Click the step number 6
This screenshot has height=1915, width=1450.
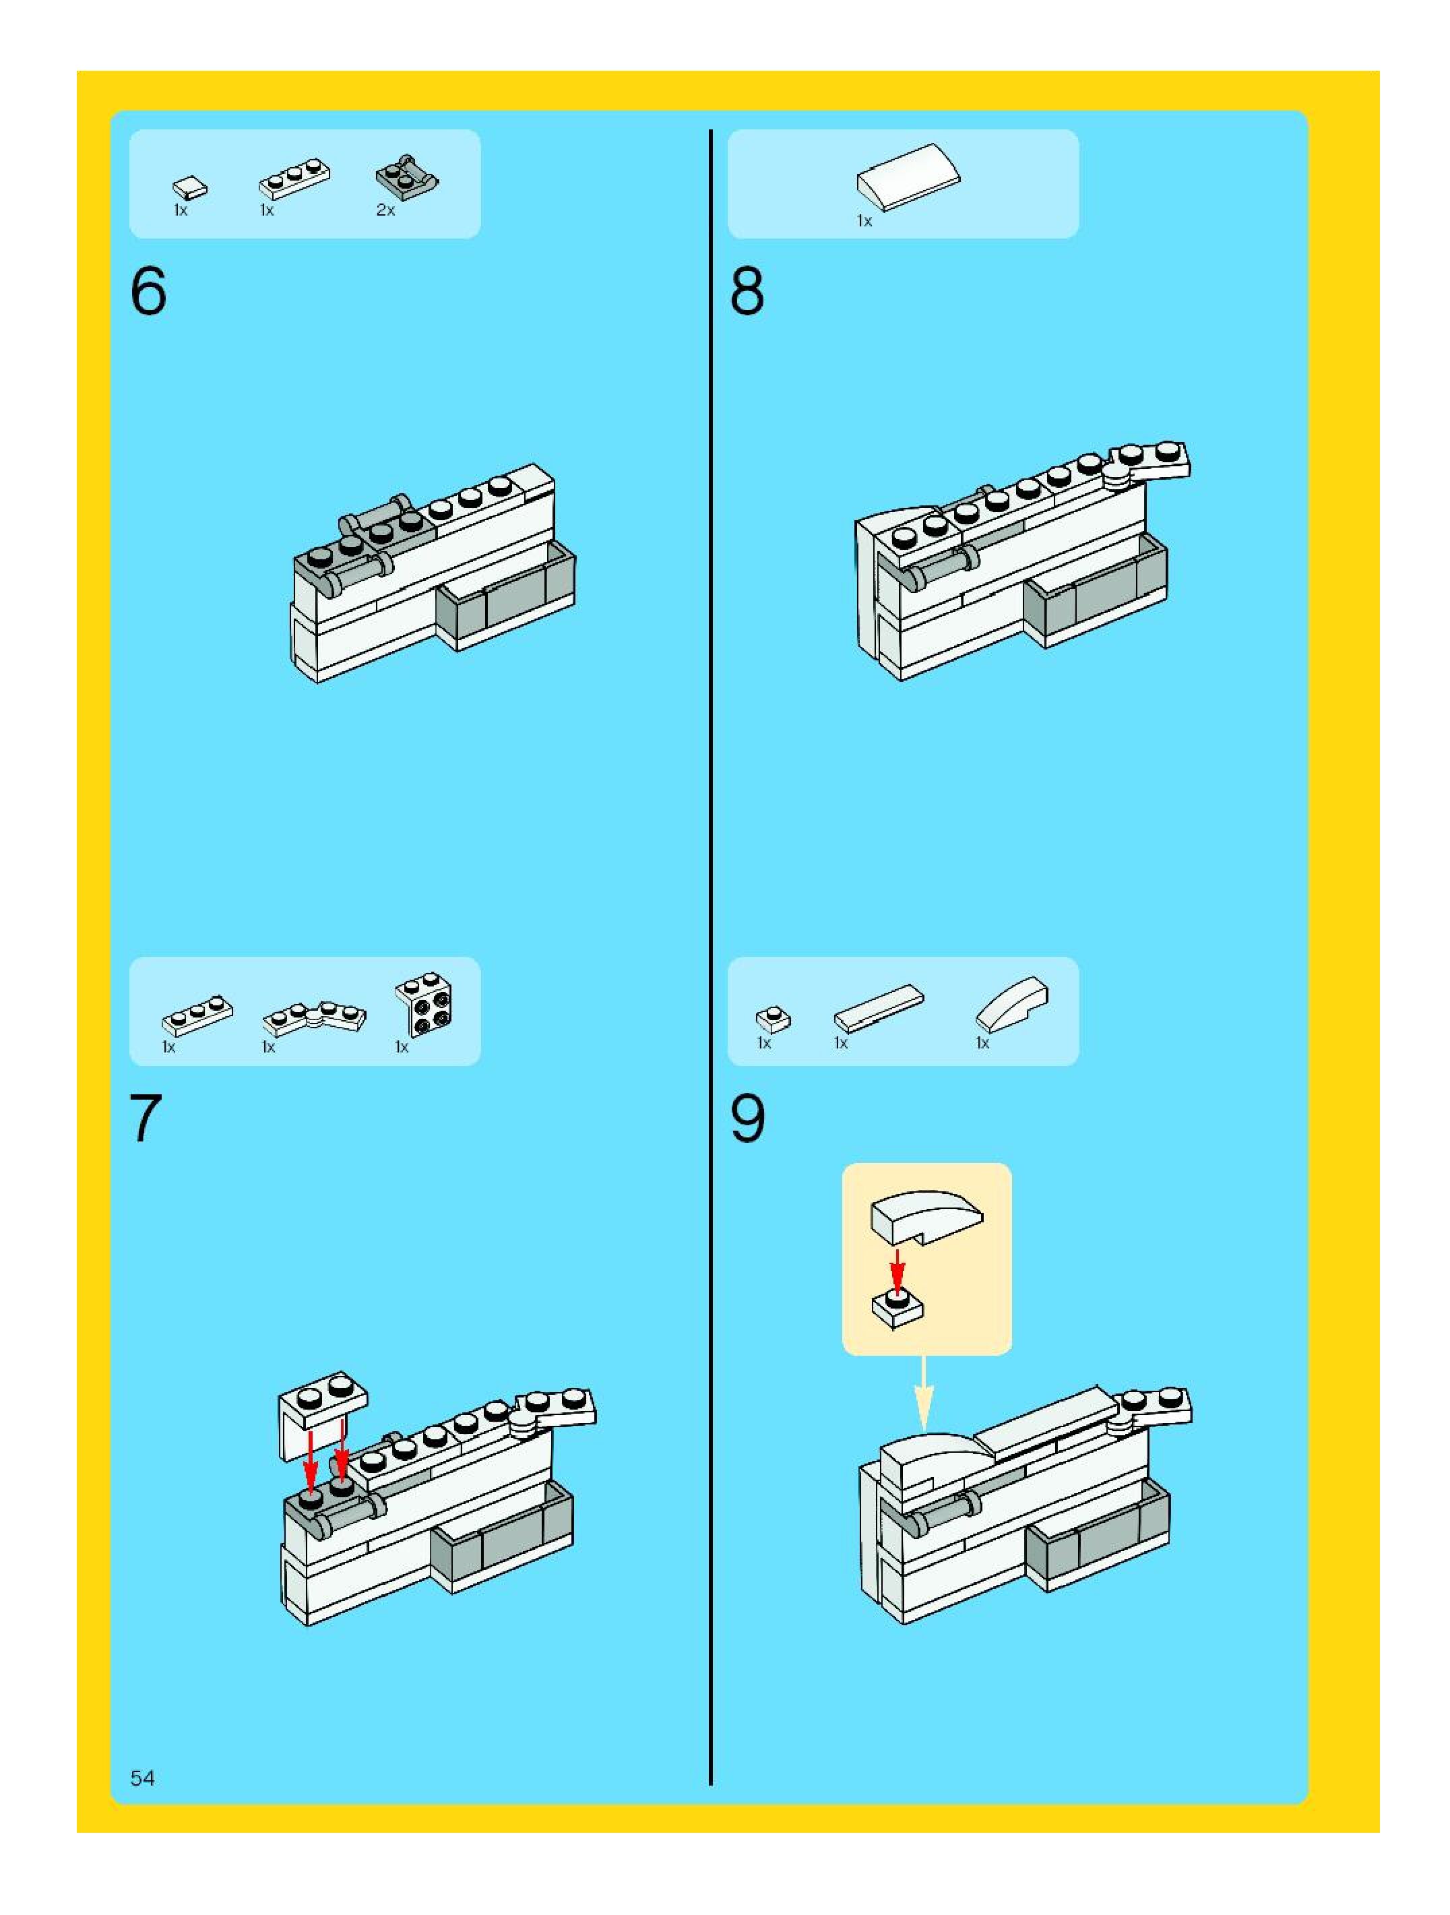[148, 292]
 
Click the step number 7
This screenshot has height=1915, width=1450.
[146, 1118]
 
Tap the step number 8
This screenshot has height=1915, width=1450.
[747, 292]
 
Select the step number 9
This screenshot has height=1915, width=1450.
[748, 1118]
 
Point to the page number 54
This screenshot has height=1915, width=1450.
[143, 1778]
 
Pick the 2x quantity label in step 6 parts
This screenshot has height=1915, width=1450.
[385, 210]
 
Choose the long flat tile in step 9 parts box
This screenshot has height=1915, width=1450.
[879, 1008]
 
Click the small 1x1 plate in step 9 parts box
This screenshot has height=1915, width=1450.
[773, 1019]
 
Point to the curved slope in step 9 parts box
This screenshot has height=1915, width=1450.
[1012, 1004]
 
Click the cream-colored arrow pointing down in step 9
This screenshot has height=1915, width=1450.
[924, 1393]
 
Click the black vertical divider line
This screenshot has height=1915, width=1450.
[711, 957]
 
